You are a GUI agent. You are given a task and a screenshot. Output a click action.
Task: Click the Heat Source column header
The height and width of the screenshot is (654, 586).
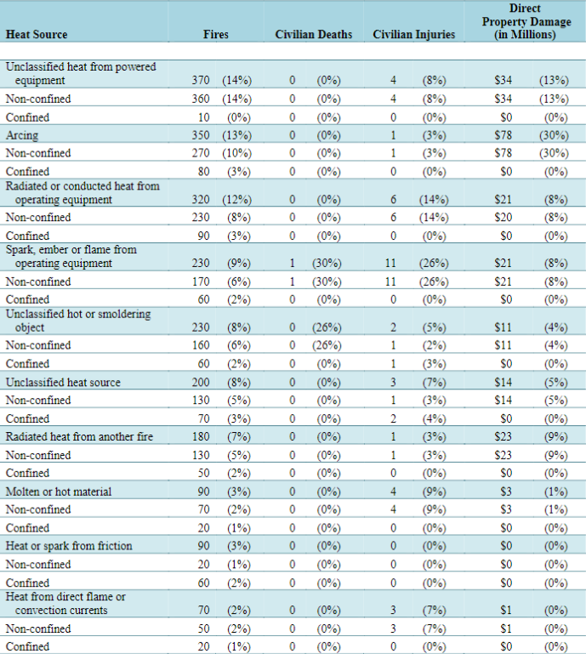[37, 34]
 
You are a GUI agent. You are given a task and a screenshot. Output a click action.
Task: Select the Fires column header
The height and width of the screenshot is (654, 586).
[216, 34]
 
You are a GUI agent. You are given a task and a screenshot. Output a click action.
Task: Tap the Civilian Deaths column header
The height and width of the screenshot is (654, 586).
[313, 34]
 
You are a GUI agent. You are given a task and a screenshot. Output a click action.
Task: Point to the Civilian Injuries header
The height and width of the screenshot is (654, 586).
[413, 34]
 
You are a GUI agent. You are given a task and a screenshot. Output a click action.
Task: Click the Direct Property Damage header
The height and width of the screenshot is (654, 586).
[526, 21]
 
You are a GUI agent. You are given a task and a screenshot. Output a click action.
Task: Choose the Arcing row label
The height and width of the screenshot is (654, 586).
[22, 135]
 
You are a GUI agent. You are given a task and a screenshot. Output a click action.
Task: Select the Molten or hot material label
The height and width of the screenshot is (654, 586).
[59, 492]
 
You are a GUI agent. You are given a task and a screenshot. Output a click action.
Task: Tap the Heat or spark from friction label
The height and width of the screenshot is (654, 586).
[69, 546]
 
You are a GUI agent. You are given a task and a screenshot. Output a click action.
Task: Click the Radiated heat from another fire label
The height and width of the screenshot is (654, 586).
[79, 436]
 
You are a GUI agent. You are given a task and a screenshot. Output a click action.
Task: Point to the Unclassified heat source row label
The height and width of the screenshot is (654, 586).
[63, 382]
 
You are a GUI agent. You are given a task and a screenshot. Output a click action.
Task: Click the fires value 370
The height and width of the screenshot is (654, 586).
[201, 80]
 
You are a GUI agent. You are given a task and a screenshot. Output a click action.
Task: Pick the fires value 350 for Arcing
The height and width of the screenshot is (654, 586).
[201, 135]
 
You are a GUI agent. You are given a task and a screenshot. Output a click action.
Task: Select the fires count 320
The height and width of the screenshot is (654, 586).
[201, 199]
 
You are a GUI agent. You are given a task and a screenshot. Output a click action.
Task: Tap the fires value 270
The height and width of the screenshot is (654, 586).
[201, 153]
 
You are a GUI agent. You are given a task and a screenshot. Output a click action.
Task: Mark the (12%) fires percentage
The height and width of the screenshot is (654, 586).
[237, 200]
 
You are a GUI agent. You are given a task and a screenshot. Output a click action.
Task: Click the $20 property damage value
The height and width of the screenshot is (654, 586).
[503, 218]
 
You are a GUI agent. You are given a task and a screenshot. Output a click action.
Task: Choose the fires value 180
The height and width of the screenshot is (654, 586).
[201, 436]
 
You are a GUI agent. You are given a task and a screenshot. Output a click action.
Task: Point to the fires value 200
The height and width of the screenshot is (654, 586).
[201, 382]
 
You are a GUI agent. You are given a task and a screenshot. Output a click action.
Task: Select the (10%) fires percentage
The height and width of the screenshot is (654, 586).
[237, 153]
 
